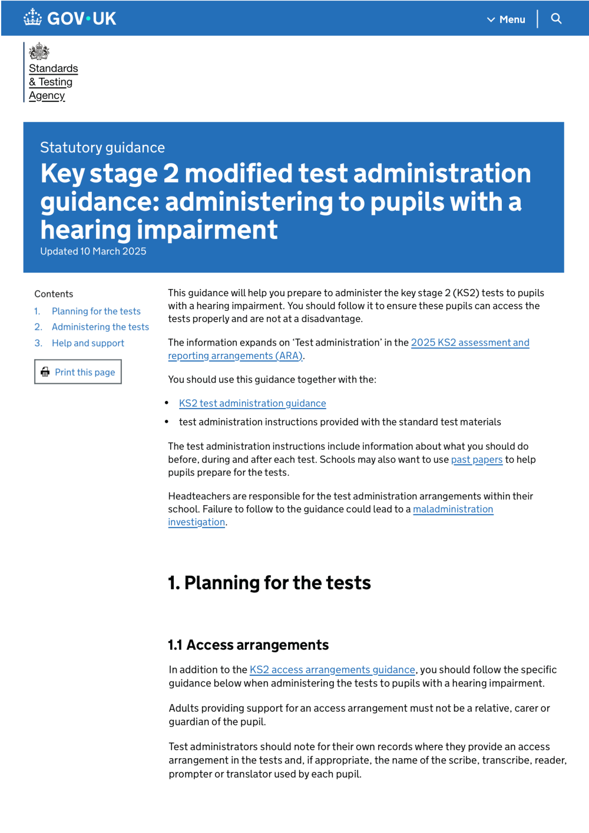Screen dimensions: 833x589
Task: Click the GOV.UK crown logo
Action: (33, 18)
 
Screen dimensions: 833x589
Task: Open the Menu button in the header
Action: (507, 19)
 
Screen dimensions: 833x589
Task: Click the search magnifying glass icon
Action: (556, 19)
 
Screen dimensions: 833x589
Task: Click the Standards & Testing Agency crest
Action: (39, 51)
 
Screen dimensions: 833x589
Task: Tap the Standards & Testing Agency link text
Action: (53, 82)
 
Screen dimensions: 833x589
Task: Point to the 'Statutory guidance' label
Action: (102, 147)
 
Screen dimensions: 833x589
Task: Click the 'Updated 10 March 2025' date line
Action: (93, 251)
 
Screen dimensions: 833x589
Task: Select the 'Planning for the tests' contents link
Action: (96, 311)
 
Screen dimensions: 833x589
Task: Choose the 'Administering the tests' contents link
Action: (100, 327)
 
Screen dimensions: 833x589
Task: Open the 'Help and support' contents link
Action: (88, 343)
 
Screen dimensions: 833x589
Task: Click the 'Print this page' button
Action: (78, 372)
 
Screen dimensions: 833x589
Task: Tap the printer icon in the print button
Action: (45, 372)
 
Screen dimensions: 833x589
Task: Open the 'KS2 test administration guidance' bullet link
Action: (252, 403)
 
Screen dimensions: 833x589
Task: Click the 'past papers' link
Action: (477, 460)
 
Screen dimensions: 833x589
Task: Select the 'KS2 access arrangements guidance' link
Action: (332, 670)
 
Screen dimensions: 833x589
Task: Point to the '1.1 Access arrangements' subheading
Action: (248, 645)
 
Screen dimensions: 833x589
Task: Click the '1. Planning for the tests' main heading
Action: (269, 583)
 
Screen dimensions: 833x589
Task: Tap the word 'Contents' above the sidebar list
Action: (54, 294)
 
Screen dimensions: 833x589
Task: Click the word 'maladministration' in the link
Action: (453, 509)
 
